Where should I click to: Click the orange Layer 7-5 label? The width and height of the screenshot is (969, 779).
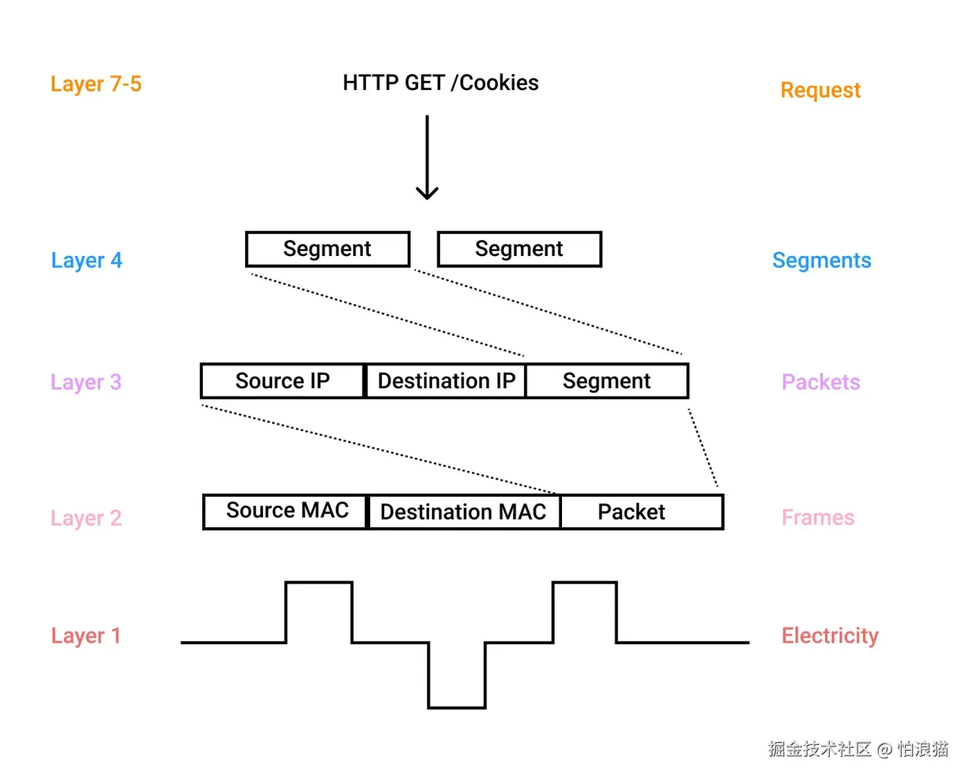[x=96, y=84]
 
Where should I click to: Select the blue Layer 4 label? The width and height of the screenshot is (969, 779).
[x=87, y=261]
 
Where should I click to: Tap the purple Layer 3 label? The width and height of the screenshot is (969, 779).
[x=86, y=383]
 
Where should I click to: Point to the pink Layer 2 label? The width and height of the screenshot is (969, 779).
[x=86, y=518]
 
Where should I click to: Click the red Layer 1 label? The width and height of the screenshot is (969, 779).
[x=86, y=636]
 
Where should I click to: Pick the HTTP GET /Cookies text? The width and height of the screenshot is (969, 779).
[x=441, y=83]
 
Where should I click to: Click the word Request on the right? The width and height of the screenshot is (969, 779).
[x=820, y=91]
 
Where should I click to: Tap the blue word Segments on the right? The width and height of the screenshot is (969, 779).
[x=822, y=261]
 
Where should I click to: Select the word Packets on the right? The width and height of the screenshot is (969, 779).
[x=821, y=382]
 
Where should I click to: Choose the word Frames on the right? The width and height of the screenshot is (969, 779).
[x=817, y=517]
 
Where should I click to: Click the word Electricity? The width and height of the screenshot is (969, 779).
[x=830, y=636]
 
